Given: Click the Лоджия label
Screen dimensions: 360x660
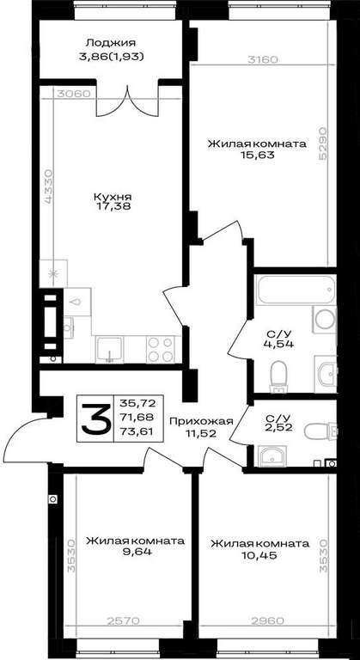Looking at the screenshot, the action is coord(111,42).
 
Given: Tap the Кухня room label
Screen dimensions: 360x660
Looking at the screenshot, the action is coord(112,197).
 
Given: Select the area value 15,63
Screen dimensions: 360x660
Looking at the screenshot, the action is coord(257,155).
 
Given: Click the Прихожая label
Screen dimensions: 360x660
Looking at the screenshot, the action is coord(201,420).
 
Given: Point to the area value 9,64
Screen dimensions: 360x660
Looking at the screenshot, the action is coord(136,552).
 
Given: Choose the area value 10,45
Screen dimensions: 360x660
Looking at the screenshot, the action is coord(259,555).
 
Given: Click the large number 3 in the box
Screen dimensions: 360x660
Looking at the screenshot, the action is coord(95,418).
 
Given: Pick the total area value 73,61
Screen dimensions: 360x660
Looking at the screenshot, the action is coord(137,431).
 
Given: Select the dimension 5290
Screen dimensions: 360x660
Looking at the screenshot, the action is coord(323,144).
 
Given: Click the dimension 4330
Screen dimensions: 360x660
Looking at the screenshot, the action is coord(49,186).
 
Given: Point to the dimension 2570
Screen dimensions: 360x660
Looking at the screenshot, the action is coord(125,620).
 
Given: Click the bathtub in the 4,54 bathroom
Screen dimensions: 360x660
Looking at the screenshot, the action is coord(296,289).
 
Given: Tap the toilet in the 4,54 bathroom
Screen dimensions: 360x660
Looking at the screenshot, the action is coord(278,376).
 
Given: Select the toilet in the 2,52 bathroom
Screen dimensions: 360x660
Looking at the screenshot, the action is coord(320,431).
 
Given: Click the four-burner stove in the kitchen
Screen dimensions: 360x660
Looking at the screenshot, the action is coord(161,349).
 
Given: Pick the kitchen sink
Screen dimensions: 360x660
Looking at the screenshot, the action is coord(109,349).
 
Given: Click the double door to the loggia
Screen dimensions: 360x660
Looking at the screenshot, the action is coord(128,101).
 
